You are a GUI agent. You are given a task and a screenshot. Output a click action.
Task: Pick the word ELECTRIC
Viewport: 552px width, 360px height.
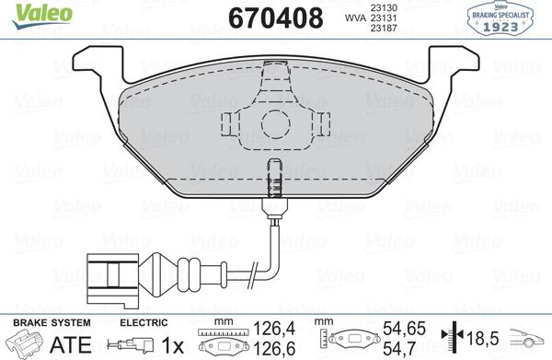[144, 322]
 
